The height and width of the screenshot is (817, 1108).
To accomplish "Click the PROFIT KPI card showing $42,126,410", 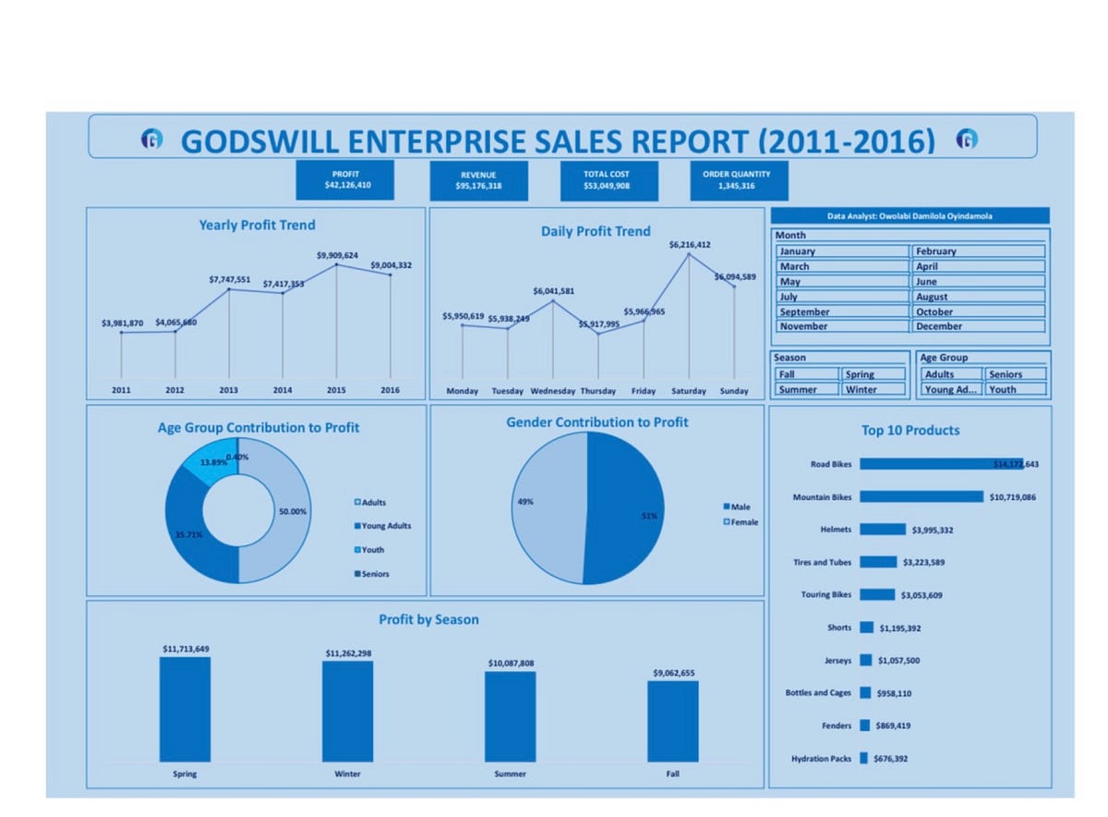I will pos(344,179).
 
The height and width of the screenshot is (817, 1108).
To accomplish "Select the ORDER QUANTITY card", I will pos(740,179).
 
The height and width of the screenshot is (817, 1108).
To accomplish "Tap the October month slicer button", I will pos(978,311).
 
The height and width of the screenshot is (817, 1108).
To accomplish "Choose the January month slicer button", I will pos(842,251).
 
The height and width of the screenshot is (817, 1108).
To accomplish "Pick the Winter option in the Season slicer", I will pos(873,389).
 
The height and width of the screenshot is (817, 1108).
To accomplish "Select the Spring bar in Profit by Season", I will pos(185,708).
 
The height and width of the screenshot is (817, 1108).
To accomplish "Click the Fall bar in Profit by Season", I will pos(672,720).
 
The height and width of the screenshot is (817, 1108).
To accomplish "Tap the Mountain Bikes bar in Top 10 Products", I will pos(921,497).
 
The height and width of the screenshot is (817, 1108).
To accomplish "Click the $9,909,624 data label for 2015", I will pos(337,255).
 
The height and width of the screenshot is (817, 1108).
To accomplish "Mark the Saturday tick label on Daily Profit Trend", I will pos(689,391).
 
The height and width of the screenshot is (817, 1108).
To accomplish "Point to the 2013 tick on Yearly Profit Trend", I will pos(228,390).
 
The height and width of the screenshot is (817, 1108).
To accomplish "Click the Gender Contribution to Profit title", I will pos(596,422).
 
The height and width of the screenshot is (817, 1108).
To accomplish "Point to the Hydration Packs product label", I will pos(821,759).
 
